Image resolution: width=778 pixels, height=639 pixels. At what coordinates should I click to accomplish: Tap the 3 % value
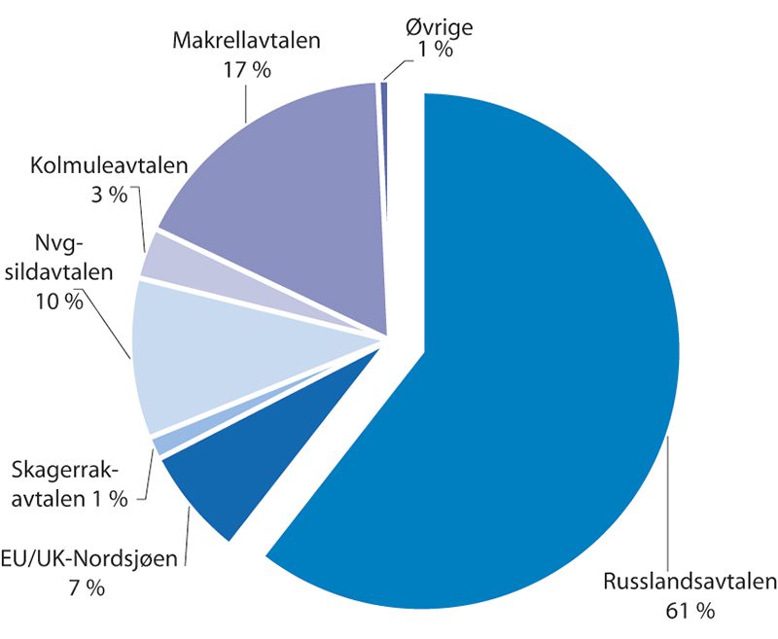(x=108, y=194)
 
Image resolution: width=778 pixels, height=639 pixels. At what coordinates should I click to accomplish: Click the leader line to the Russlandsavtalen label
(x=669, y=506)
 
